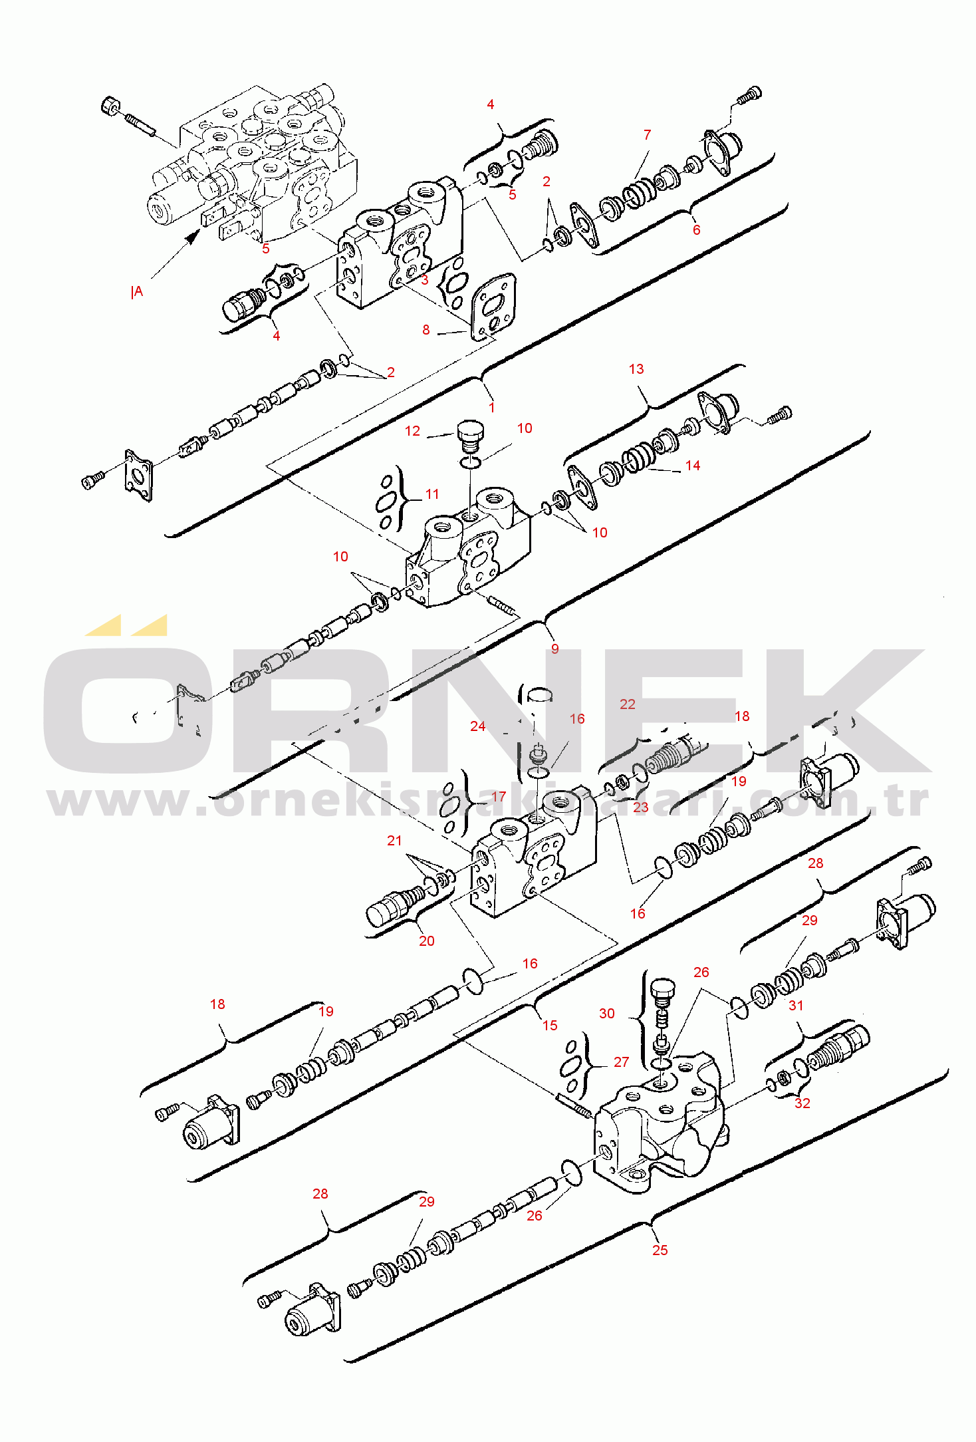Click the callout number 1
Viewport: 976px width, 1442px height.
491,408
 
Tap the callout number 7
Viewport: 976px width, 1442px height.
647,135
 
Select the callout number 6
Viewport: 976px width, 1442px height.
696,230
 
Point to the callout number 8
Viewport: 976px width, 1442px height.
426,330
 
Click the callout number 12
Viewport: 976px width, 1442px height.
412,431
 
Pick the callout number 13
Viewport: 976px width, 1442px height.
636,369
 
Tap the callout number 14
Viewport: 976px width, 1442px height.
693,466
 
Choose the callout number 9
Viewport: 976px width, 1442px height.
554,649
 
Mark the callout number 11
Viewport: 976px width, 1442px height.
432,494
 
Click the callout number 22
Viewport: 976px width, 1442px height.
628,704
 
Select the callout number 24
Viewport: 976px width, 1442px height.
477,727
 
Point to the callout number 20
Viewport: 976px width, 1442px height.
426,941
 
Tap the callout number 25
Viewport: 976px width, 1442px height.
660,1250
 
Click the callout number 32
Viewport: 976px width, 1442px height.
802,1103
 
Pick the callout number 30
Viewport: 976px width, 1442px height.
606,1014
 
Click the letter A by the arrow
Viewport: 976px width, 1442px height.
138,291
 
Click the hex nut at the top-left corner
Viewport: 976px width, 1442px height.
110,105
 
